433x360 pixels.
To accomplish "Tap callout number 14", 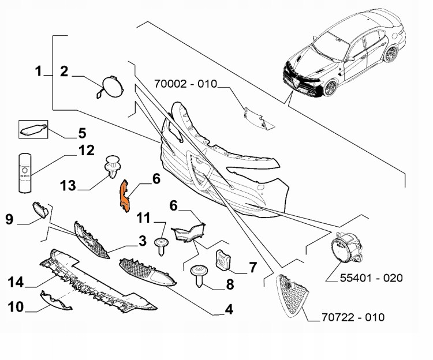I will pyautogui.click(x=16, y=282).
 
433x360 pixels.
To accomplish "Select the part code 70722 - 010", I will pyautogui.click(x=354, y=317).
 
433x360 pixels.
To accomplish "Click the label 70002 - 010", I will pyautogui.click(x=185, y=84).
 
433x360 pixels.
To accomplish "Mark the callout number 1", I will pyautogui.click(x=39, y=72).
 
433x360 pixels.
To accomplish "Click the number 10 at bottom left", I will pyautogui.click(x=16, y=306).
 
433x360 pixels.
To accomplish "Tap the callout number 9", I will pyautogui.click(x=10, y=219).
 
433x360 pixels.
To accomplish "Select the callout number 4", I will pyautogui.click(x=229, y=310).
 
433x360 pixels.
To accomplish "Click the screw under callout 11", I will pyautogui.click(x=160, y=245).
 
